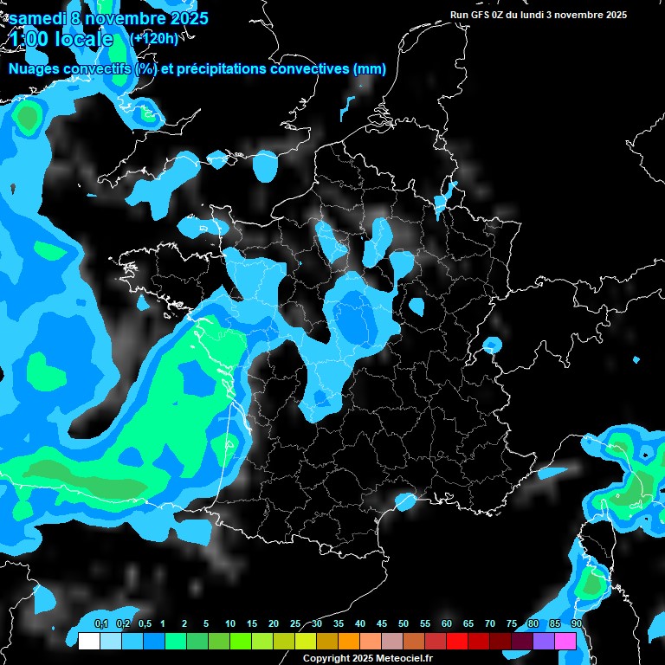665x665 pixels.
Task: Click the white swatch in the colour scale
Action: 88,641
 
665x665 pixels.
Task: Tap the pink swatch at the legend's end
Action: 565,641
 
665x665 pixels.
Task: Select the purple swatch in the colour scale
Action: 544,641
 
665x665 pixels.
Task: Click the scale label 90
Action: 577,624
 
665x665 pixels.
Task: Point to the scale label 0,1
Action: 100,624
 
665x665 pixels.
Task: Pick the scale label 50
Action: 404,624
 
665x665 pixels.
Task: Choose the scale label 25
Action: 295,624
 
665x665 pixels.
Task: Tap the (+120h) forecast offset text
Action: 154,38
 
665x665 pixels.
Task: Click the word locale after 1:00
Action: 84,39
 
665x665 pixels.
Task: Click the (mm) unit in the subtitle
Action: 370,68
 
